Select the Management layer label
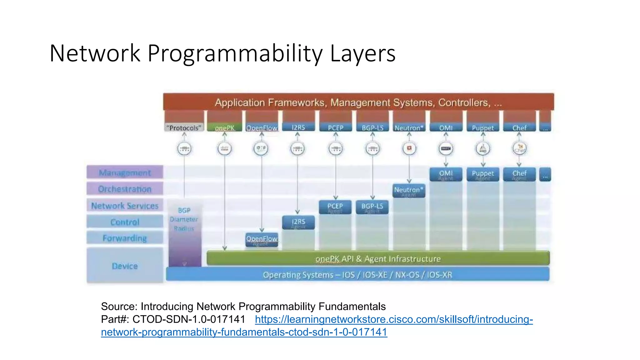pyautogui.click(x=125, y=172)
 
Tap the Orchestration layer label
pyautogui.click(x=125, y=189)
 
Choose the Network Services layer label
pyautogui.click(x=125, y=206)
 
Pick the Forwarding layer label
pyautogui.click(x=125, y=238)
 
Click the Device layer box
pyautogui.click(x=125, y=266)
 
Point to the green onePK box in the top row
pyautogui.click(x=224, y=127)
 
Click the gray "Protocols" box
pyautogui.click(x=184, y=127)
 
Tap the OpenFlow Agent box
pyautogui.click(x=262, y=240)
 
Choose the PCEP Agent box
pyautogui.click(x=335, y=207)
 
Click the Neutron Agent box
pyautogui.click(x=409, y=191)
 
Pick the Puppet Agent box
pyautogui.click(x=482, y=174)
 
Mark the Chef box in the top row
pyautogui.click(x=519, y=127)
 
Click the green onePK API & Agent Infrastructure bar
pyautogui.click(x=377, y=259)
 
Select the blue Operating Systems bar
pyautogui.click(x=357, y=275)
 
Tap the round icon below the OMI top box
pyautogui.click(x=446, y=149)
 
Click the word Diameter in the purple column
pyautogui.click(x=184, y=219)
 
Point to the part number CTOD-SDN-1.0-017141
pyautogui.click(x=189, y=319)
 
